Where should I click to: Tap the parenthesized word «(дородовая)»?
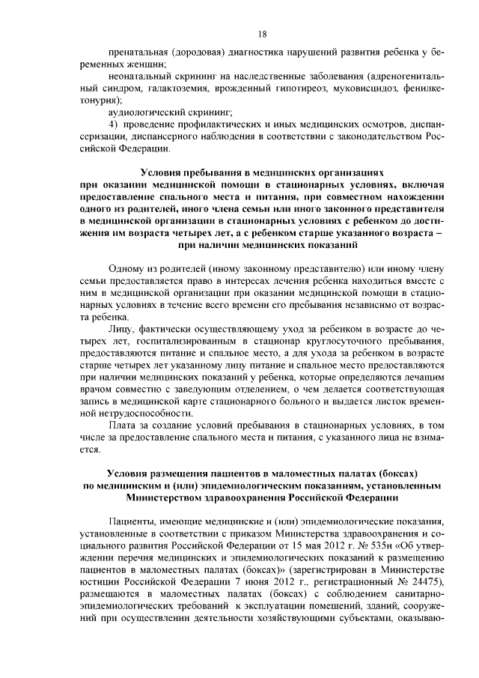(201, 54)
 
